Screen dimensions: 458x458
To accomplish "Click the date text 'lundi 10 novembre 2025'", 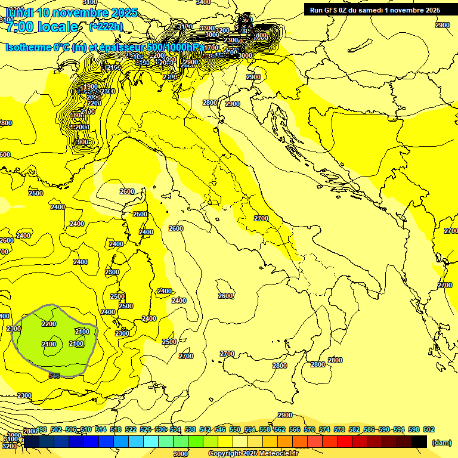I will point(72,13).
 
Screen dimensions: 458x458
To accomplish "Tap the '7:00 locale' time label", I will point(42,27).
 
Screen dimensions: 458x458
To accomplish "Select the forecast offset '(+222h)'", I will point(106,26).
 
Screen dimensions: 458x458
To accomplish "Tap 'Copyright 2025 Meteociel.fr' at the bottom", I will point(253,453).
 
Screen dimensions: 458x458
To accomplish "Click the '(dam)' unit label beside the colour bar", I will point(441,442).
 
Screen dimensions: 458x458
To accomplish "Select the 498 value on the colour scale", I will point(41,429).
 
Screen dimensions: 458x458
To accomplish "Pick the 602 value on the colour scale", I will point(428,429).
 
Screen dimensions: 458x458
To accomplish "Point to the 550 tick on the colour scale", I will point(235,429).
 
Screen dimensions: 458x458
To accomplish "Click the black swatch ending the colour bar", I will point(419,441).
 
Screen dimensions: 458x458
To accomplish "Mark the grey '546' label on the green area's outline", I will point(54,375).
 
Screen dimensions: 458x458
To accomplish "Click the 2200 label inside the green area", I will point(49,324).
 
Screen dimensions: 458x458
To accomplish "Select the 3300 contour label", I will point(207,28).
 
